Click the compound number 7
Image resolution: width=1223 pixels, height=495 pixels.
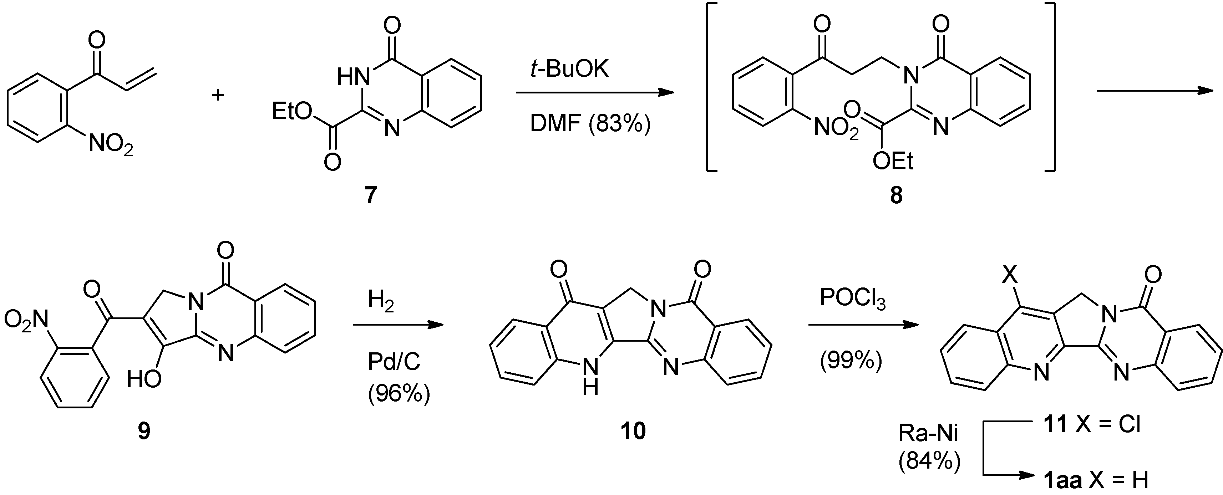pos(371,195)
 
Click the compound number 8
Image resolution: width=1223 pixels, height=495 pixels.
pos(896,195)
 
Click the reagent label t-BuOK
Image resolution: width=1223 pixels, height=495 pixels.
pos(569,70)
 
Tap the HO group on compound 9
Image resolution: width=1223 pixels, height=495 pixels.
pos(144,380)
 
